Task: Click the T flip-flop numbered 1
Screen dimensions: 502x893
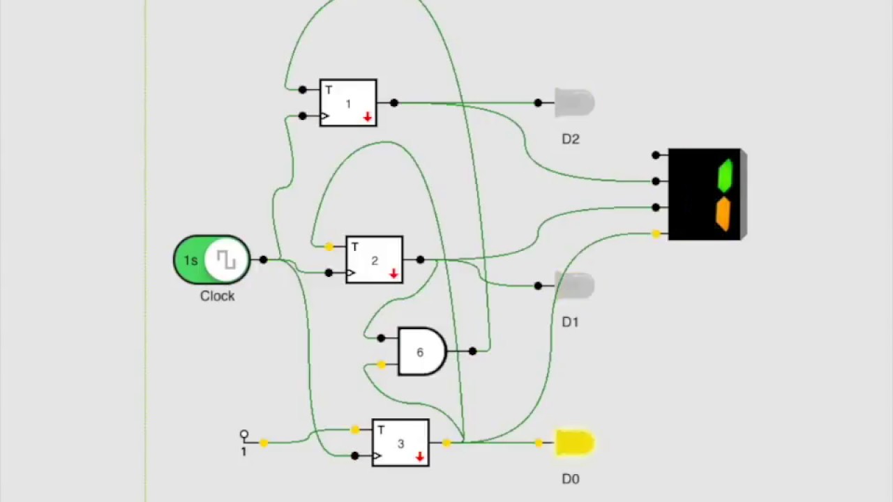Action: (348, 103)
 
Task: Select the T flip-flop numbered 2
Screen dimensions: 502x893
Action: (374, 260)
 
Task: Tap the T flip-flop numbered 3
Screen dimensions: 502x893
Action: (400, 443)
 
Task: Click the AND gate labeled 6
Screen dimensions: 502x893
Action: (421, 351)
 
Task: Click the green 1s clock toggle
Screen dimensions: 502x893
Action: (212, 260)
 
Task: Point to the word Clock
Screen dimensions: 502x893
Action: (217, 296)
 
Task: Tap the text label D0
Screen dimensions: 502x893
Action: (571, 479)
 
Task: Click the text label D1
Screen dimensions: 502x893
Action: (571, 322)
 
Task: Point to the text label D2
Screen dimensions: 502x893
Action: (571, 139)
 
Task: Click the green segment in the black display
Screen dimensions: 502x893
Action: (726, 176)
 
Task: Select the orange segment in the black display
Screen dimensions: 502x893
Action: (723, 213)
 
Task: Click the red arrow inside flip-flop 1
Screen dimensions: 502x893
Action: (368, 117)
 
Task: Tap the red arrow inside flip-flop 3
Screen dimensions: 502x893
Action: (420, 457)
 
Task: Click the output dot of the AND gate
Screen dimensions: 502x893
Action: (473, 351)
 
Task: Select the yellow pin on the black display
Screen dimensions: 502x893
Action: (656, 234)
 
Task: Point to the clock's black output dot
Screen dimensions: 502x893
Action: (263, 260)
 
